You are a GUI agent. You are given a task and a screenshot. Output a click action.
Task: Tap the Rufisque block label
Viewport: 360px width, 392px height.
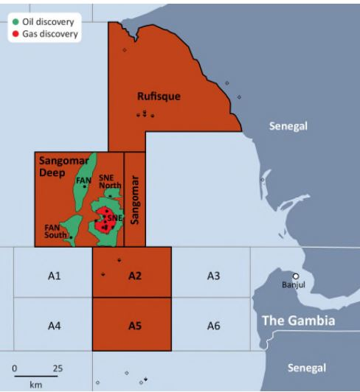point(159,96)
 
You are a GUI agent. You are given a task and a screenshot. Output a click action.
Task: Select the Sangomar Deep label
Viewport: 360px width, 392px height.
point(58,166)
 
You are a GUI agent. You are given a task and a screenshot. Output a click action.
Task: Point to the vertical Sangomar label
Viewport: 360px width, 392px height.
point(134,199)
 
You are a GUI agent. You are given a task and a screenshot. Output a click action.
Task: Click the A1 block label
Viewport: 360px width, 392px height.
point(54,276)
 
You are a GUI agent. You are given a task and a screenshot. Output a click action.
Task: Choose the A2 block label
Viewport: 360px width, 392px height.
point(134,276)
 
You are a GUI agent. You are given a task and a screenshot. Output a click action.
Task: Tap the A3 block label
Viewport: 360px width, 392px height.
point(213,276)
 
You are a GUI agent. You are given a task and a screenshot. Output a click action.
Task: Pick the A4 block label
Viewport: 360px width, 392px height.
point(54,325)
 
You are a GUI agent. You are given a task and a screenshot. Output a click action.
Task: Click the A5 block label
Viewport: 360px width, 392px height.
point(134,325)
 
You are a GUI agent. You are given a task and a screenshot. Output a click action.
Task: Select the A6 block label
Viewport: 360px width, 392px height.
point(213,325)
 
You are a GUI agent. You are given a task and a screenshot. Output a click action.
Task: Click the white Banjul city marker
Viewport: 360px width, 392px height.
point(296,276)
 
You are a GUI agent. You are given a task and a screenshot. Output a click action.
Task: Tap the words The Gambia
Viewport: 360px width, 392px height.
point(298,321)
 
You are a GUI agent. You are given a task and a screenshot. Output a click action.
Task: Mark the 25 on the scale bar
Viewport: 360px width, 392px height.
point(58,368)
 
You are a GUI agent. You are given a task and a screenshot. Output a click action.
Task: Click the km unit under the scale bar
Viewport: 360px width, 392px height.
point(35,385)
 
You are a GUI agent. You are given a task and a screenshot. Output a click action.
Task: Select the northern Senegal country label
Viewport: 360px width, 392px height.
point(288,126)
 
